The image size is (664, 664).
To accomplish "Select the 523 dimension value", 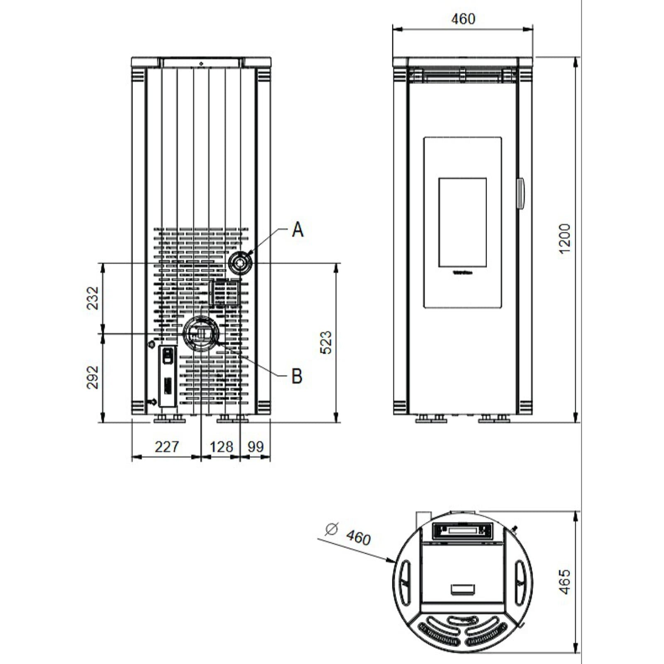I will [x=327, y=342].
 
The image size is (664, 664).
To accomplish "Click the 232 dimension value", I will [x=93, y=298].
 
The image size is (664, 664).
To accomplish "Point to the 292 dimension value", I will [x=93, y=377].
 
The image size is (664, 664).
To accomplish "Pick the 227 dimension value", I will [x=166, y=447].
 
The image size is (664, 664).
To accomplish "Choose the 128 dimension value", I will [x=221, y=447].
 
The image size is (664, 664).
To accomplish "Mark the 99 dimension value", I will [x=256, y=447].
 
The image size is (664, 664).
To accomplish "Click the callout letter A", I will [x=298, y=229].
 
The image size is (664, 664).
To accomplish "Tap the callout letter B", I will [x=297, y=376].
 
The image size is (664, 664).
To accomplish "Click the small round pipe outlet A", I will [x=240, y=263].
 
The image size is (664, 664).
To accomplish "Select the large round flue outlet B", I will [x=201, y=333].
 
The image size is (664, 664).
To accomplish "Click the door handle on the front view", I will [x=520, y=193].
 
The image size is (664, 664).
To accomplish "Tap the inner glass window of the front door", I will [x=462, y=222].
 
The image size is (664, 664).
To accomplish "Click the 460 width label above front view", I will [x=463, y=19].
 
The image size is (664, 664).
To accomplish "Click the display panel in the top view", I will [x=462, y=530].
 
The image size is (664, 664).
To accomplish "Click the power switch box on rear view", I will [x=167, y=376].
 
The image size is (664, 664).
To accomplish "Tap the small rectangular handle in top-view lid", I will [x=463, y=588].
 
